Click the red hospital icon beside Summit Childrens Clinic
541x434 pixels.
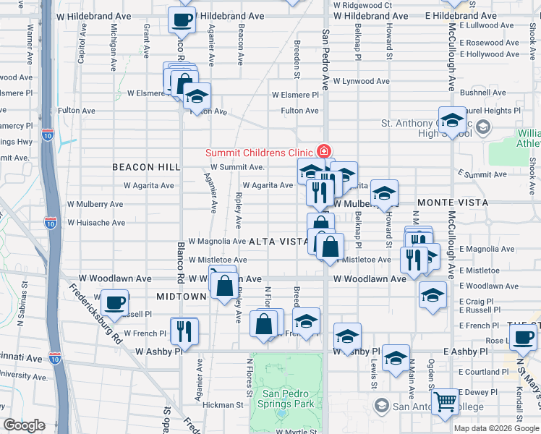(324, 152)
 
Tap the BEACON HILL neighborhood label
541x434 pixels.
(146, 167)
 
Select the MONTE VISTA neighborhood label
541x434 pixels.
(451, 203)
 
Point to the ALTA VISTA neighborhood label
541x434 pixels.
(274, 242)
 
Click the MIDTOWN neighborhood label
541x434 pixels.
(182, 297)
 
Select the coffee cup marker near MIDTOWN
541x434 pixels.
(114, 302)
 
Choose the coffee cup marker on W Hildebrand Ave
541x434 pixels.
(182, 20)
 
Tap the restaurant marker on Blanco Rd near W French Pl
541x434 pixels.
(184, 331)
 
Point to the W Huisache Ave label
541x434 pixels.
(96, 223)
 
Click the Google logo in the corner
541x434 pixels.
(25, 425)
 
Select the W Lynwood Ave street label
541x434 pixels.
(361, 82)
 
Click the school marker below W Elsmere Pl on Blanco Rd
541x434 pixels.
(196, 98)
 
